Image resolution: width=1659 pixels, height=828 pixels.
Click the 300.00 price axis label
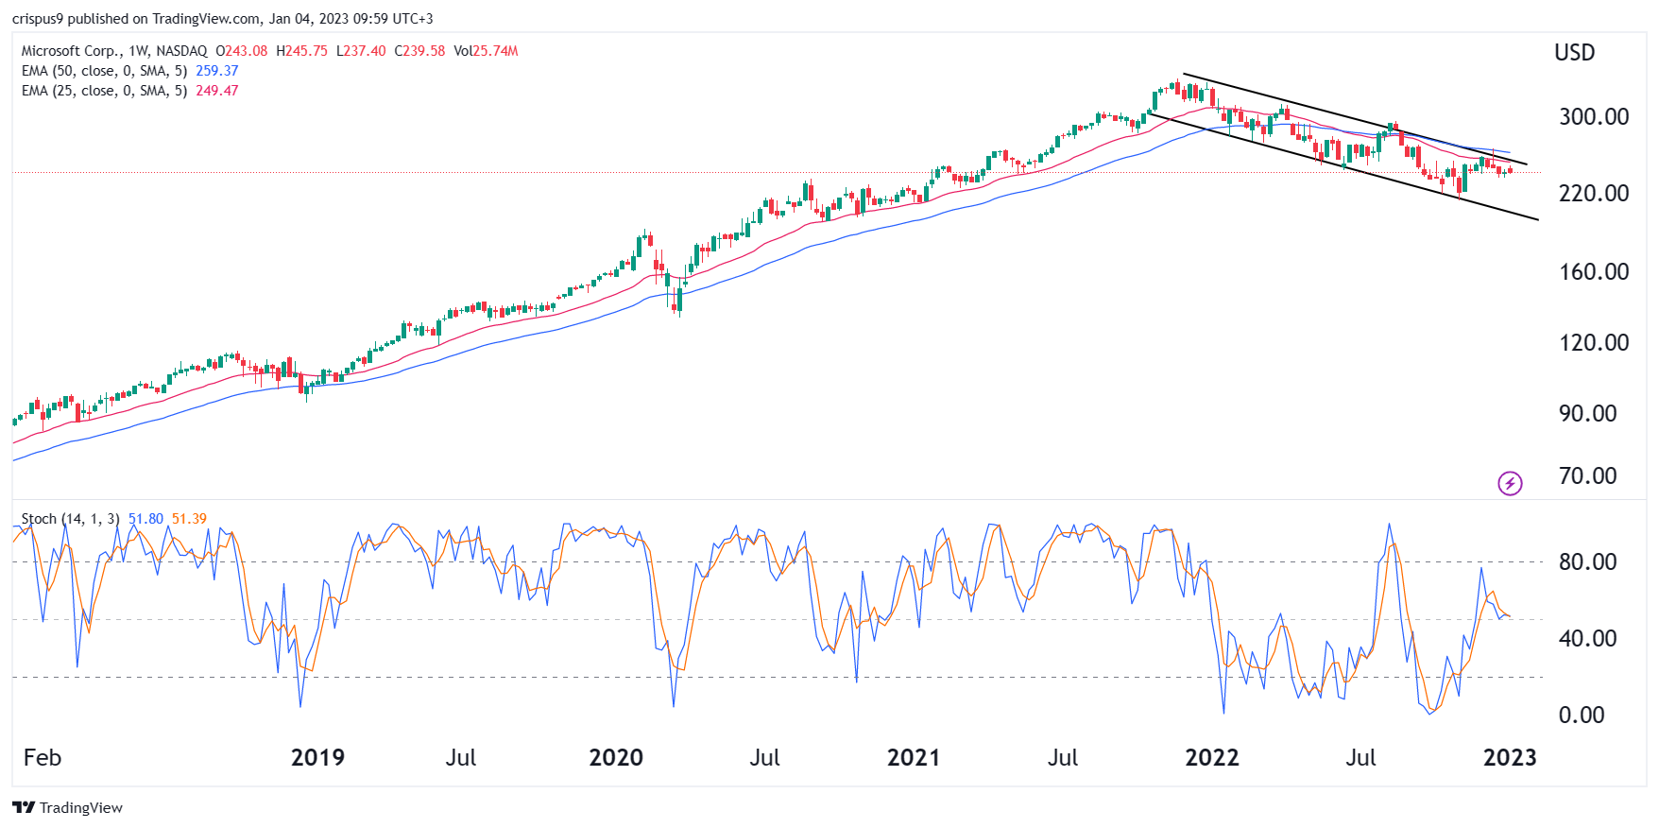[x=1593, y=116]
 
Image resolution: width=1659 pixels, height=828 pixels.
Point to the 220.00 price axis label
[x=1593, y=193]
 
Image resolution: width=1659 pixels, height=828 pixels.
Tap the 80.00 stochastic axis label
[x=1587, y=561]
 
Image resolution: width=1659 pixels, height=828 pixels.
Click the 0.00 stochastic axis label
[x=1581, y=715]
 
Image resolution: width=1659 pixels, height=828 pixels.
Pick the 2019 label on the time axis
[x=317, y=757]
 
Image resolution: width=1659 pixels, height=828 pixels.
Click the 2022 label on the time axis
[x=1212, y=757]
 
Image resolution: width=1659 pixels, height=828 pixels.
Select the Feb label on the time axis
[x=43, y=757]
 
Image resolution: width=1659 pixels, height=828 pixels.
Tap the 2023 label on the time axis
[x=1510, y=757]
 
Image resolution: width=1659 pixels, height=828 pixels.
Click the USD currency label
[x=1575, y=53]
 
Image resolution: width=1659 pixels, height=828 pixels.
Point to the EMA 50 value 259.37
[x=216, y=71]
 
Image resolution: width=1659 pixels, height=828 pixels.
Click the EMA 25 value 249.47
[x=216, y=91]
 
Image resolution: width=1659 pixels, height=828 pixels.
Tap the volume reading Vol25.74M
[x=486, y=51]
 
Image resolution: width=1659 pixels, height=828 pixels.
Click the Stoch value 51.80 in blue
[x=145, y=519]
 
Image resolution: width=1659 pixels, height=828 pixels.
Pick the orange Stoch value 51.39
[x=189, y=519]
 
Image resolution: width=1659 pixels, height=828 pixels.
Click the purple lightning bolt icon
[x=1510, y=484]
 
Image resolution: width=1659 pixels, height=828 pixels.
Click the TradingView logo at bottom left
[x=67, y=807]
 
